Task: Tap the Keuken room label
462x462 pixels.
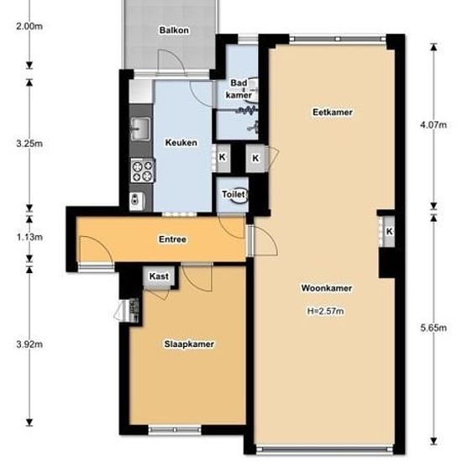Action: pyautogui.click(x=181, y=143)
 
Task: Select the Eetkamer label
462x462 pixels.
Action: pyautogui.click(x=331, y=112)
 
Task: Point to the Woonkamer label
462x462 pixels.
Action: pyautogui.click(x=325, y=288)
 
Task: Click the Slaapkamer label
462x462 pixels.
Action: pyautogui.click(x=187, y=344)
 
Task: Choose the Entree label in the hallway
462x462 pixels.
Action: pyautogui.click(x=172, y=239)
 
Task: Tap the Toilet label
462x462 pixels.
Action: pyautogui.click(x=233, y=195)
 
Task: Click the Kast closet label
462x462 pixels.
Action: pyautogui.click(x=158, y=276)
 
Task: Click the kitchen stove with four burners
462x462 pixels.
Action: pyautogui.click(x=140, y=171)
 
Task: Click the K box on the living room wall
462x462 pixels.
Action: pyautogui.click(x=390, y=232)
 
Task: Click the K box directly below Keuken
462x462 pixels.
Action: pyautogui.click(x=223, y=156)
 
